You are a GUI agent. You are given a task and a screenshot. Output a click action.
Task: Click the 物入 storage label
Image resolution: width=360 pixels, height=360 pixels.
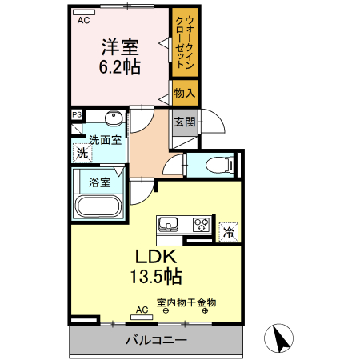click(x=184, y=94)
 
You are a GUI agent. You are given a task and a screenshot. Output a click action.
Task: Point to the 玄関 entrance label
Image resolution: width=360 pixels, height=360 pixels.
click(x=185, y=122)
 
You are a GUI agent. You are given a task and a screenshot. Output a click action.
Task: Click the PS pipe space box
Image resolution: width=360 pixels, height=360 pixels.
click(x=77, y=114)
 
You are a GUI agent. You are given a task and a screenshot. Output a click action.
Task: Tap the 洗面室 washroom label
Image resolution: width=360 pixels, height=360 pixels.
click(x=105, y=140)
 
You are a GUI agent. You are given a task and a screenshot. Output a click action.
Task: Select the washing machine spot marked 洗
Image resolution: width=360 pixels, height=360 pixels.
click(x=82, y=152)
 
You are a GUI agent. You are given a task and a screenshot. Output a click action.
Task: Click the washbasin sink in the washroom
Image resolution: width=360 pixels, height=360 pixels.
click(x=112, y=120)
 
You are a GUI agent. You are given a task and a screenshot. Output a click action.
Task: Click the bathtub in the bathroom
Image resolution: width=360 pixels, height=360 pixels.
click(x=97, y=206)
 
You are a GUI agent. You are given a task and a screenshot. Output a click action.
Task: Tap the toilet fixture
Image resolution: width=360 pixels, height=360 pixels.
click(x=217, y=166)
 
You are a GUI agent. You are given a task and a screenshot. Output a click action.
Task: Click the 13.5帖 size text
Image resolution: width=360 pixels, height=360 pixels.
click(x=154, y=278)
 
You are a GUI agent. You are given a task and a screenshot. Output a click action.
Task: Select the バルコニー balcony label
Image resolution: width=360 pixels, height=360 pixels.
click(x=156, y=341)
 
